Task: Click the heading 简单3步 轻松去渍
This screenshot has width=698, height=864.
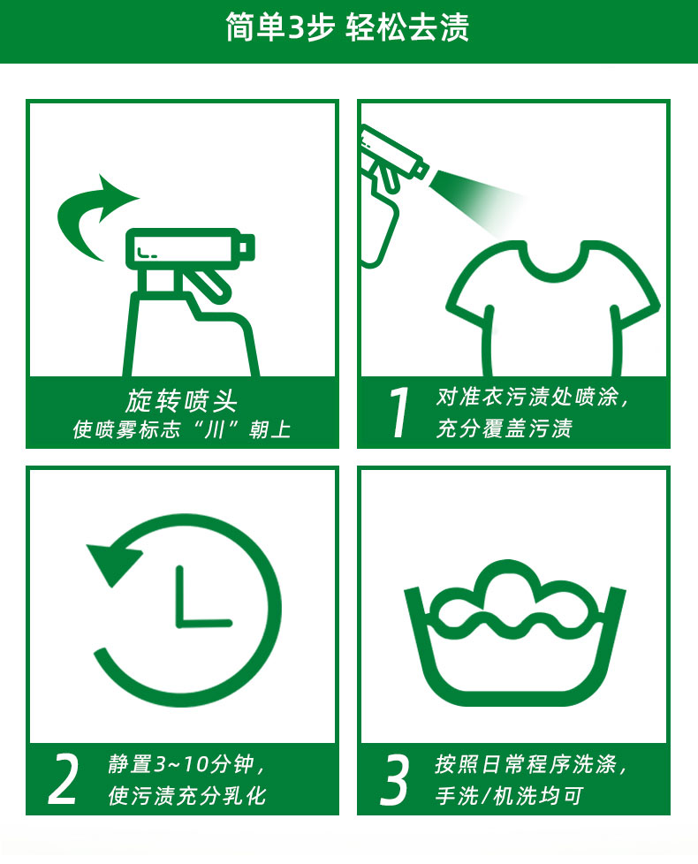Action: coord(347,27)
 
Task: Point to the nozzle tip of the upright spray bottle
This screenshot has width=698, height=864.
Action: coord(247,247)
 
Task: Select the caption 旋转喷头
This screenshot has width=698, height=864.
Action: coord(182,400)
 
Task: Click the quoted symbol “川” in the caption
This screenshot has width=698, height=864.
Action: coord(214,429)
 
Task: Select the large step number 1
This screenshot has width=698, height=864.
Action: coord(398,413)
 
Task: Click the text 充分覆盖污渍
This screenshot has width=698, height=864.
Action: coord(505,428)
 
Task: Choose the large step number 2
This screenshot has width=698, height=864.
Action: coord(63,779)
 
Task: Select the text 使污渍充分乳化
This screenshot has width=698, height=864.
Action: coord(187,795)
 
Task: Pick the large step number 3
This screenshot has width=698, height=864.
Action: coord(394,779)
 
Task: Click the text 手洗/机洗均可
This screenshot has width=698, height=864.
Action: coord(509,795)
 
